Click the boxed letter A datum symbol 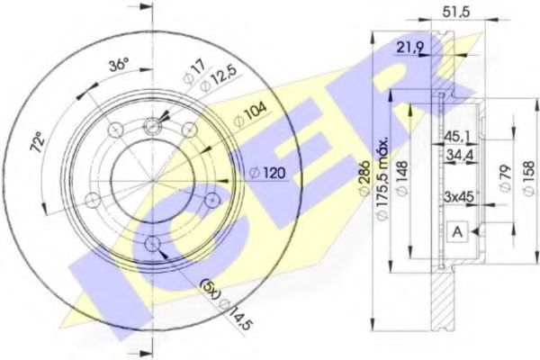point(457,231)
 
